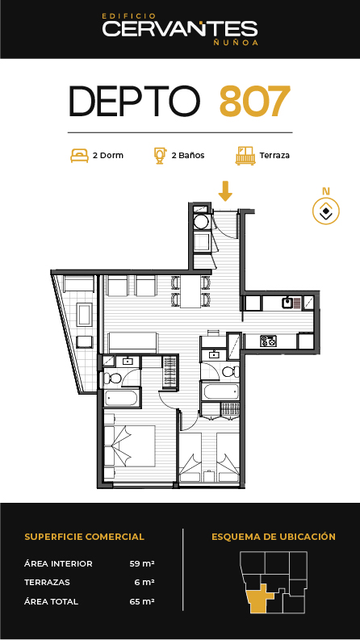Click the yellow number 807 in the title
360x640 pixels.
pos(255,100)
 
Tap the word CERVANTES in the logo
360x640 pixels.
pos(179,29)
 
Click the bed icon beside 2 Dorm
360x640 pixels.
pos(80,156)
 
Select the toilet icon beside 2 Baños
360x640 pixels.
pos(160,156)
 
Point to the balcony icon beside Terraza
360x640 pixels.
pos(245,156)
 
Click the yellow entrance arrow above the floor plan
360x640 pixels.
pos(225,191)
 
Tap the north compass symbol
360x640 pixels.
pos(326,211)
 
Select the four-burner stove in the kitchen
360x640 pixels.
pos(268,341)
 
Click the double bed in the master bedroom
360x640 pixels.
pos(130,446)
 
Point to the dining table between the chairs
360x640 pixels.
pos(190,291)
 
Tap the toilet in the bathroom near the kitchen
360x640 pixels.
pos(229,371)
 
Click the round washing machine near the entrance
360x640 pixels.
pos(201,222)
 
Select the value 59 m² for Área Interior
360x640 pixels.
pos(142,563)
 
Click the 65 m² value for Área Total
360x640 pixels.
pos(142,601)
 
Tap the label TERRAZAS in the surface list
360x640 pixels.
pos(47,583)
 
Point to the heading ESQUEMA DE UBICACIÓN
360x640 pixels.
pos(274,537)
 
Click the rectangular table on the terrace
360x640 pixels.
pos(85,314)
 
